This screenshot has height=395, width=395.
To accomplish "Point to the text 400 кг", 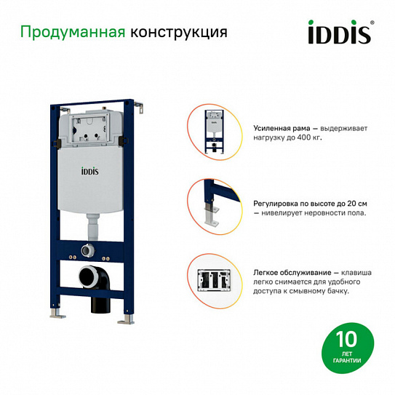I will (308, 137).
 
